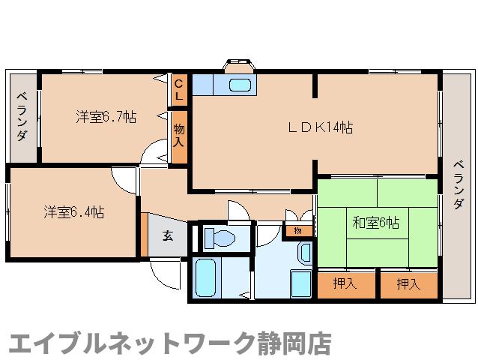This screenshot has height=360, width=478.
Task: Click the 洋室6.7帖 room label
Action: [x=106, y=117]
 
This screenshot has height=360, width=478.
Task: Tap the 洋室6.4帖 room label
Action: [x=73, y=212]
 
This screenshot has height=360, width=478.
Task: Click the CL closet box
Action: [x=178, y=90]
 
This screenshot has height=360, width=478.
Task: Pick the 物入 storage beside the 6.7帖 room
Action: [x=179, y=136]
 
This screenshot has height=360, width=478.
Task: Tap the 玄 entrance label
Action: [x=168, y=235]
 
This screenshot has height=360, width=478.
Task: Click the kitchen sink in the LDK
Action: [x=239, y=84]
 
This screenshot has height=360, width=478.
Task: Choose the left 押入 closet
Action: [x=344, y=284]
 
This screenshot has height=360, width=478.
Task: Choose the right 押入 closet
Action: [x=408, y=284]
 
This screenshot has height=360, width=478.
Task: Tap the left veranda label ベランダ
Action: [x=22, y=116]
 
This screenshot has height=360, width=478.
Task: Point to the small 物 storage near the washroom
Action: [x=298, y=230]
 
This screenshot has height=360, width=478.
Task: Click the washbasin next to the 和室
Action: [x=304, y=253]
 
